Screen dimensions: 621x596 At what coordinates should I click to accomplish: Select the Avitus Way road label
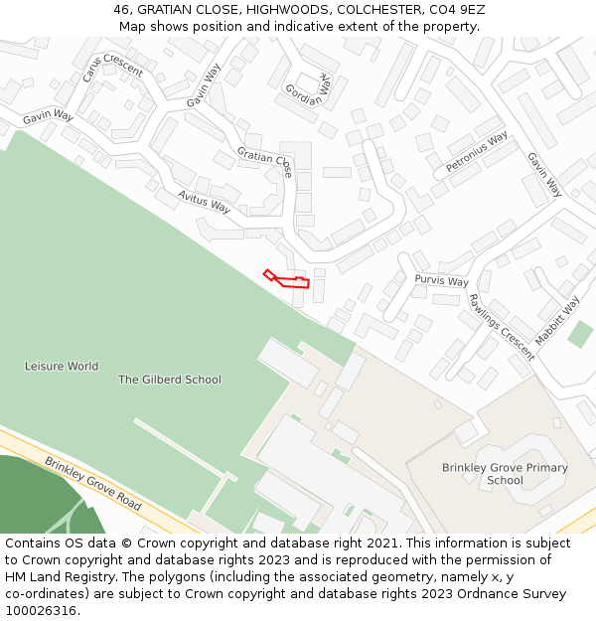tap(205, 202)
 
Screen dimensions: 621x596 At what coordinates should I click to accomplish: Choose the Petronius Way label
tap(477, 152)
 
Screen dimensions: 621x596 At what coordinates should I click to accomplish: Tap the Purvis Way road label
tap(441, 281)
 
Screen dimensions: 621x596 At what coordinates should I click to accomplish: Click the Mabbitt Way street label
tap(557, 321)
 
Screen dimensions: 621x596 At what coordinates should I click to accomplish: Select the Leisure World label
tap(62, 366)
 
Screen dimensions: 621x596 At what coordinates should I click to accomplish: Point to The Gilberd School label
tap(170, 380)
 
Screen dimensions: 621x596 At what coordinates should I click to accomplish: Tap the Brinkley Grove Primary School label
tap(505, 474)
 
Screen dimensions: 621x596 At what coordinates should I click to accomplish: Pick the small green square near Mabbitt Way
tap(580, 334)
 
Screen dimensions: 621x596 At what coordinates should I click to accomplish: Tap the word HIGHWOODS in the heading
tap(287, 10)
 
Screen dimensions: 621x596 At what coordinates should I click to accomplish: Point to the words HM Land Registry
tap(63, 576)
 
